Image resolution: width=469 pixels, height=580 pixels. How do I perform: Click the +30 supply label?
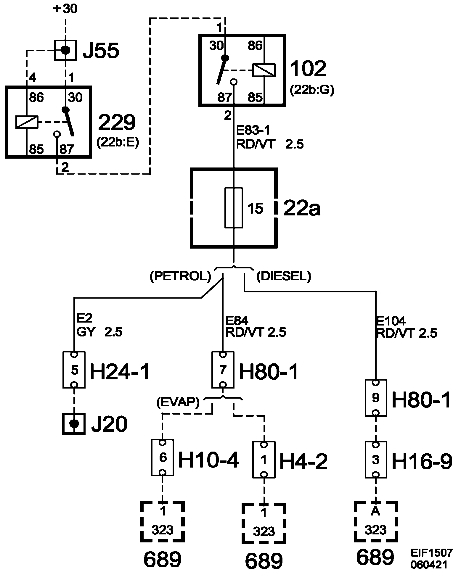tap(65, 9)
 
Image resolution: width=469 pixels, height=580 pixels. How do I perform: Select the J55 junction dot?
tap(65, 50)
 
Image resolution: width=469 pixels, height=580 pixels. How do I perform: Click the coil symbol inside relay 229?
tap(27, 122)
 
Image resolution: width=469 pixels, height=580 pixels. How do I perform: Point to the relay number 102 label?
tap(308, 69)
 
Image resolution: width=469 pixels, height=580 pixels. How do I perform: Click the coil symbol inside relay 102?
tap(264, 70)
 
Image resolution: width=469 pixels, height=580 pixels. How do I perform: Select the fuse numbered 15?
tap(234, 208)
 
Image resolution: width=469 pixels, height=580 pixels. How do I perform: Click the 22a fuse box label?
tap(302, 208)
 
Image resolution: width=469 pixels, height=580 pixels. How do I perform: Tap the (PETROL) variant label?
tap(180, 276)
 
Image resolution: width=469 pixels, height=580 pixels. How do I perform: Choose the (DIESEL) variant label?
tap(284, 276)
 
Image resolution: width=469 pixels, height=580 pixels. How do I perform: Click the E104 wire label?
tap(391, 321)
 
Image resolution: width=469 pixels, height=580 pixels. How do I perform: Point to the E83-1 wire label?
tap(253, 130)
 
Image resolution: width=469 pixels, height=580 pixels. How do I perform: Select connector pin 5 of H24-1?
tap(74, 370)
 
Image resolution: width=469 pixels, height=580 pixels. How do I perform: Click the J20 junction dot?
tap(74, 424)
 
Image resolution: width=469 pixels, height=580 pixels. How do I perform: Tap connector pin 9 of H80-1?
tap(375, 398)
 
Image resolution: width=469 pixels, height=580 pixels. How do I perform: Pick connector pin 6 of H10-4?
tap(163, 457)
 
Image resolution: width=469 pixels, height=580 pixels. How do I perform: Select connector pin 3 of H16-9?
tap(375, 460)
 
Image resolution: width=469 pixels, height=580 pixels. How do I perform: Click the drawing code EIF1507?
tap(431, 553)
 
